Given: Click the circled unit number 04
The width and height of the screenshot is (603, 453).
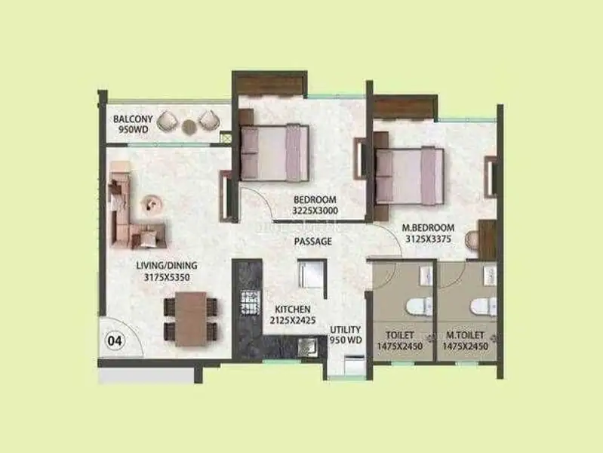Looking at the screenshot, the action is point(115,341).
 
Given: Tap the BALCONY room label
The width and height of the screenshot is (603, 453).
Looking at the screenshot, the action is point(133,119).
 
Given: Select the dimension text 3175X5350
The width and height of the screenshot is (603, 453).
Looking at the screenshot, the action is point(167,277).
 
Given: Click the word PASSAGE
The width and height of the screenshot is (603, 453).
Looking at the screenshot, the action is point(312,242).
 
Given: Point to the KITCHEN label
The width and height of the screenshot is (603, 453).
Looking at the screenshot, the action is point(293,310).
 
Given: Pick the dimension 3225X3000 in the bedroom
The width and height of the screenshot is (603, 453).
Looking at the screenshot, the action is point(315,211).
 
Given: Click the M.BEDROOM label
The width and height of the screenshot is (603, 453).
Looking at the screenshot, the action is point(428,228).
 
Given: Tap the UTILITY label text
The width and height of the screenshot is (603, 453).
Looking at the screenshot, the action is point(346,330).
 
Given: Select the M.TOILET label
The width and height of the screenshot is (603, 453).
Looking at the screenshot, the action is point(465,335).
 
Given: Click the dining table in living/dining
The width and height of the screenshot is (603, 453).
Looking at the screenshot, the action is point(191,319).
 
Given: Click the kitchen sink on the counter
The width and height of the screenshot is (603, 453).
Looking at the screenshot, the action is point(306,346).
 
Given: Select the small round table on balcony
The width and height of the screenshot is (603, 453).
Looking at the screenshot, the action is point(189,127).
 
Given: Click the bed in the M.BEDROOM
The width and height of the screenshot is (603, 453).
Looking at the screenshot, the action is point(410,175).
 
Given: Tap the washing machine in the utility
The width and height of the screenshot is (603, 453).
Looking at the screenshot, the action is point(354,365).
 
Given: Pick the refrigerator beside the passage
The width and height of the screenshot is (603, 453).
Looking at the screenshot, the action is point(312,274).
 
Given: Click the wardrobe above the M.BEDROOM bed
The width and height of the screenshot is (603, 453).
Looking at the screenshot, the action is point(405,106).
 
